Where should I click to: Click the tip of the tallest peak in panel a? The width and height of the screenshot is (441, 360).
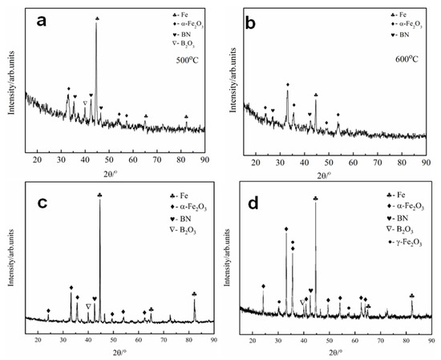97,24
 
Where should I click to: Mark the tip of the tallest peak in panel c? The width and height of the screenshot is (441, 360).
99,200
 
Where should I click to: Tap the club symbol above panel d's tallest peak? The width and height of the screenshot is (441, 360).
316,198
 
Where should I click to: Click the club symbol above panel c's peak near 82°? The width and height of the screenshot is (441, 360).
194,294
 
